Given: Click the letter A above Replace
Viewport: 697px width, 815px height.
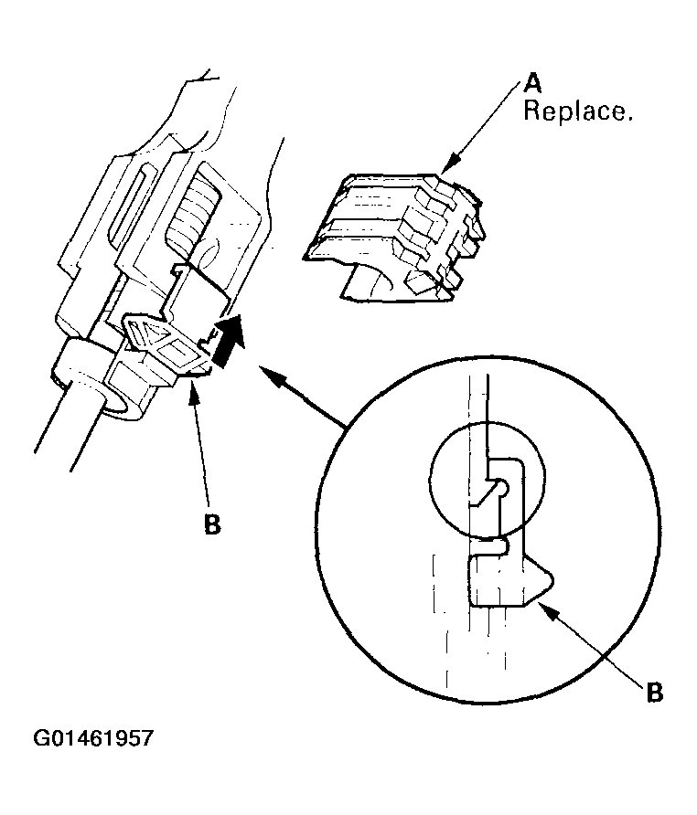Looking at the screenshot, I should pos(533,85).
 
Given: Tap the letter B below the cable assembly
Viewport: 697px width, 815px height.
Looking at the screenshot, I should pos(212,527).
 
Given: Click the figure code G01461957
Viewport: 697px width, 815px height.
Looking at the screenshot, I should pos(93,738).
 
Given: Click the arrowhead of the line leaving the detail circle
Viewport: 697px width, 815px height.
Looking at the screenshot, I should pos(265,369).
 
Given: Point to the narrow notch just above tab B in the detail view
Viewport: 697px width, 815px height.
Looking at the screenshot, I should pos(490,545).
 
